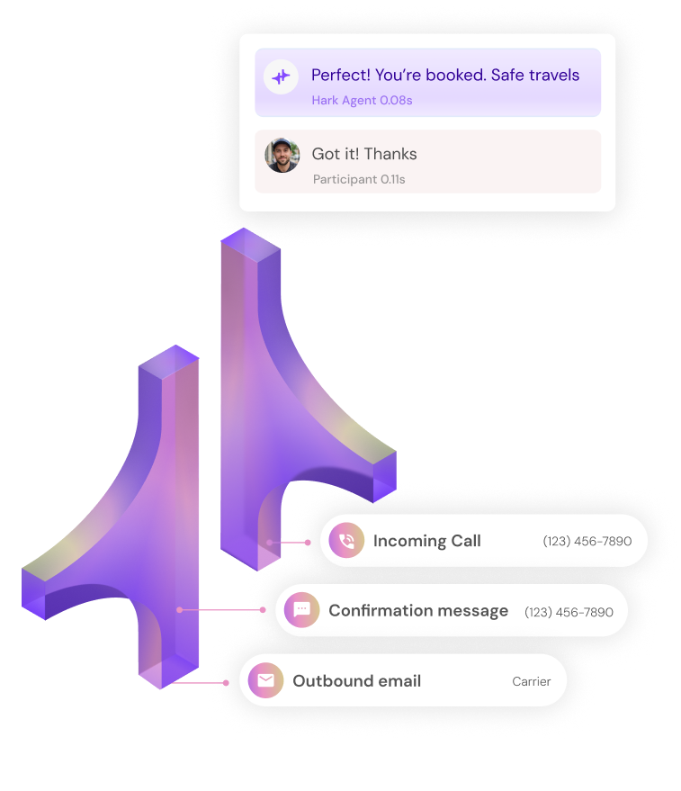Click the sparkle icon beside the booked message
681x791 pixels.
click(282, 77)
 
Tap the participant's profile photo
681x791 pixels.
click(282, 155)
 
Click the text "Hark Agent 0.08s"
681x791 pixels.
click(362, 100)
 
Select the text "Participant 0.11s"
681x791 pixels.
click(359, 179)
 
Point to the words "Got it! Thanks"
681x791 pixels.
click(363, 154)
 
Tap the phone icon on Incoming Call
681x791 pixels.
click(346, 541)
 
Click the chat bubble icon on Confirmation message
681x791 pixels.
click(302, 610)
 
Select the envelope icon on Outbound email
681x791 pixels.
click(265, 680)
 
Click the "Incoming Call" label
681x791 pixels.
click(426, 541)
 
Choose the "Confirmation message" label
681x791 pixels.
click(417, 610)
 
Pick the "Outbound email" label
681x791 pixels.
click(356, 680)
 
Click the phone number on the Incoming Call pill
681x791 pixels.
click(587, 542)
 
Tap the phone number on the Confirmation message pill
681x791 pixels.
click(569, 612)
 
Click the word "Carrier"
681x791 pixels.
click(531, 681)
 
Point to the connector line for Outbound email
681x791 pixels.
click(200, 682)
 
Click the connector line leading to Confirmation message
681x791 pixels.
click(221, 610)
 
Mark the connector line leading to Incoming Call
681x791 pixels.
click(288, 543)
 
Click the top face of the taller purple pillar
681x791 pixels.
click(250, 243)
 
